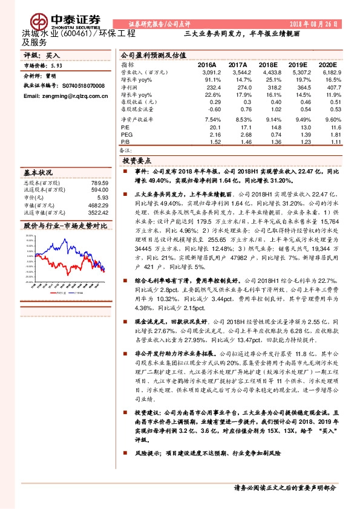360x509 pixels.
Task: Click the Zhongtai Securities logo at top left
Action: tap(48, 12)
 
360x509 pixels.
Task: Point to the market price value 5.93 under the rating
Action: tap(57, 65)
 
